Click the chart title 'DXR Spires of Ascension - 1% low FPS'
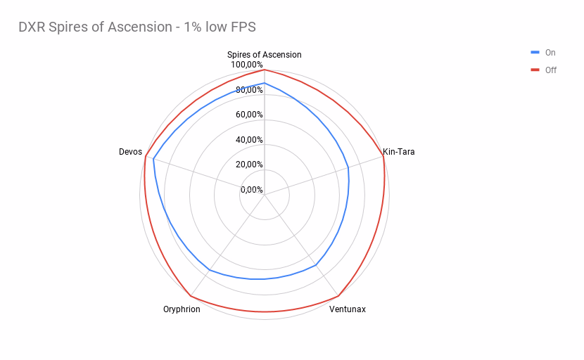pyautogui.click(x=137, y=27)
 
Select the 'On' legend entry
pyautogui.click(x=550, y=53)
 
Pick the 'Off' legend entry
pyautogui.click(x=550, y=70)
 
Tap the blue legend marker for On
pyautogui.click(x=535, y=53)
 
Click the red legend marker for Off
pyautogui.click(x=535, y=70)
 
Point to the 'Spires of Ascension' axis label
pyautogui.click(x=264, y=55)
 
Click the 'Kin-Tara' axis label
pyautogui.click(x=398, y=151)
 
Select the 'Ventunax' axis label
pyautogui.click(x=348, y=309)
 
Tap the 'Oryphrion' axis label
pyautogui.click(x=182, y=309)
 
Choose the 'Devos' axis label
pyautogui.click(x=130, y=151)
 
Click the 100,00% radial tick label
pyautogui.click(x=246, y=65)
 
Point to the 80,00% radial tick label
pyautogui.click(x=249, y=90)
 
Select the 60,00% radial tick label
pyautogui.click(x=249, y=115)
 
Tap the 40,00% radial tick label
pyautogui.click(x=249, y=139)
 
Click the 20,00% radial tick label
pyautogui.click(x=249, y=165)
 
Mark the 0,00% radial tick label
pyautogui.click(x=251, y=189)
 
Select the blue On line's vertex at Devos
pyautogui.click(x=153, y=159)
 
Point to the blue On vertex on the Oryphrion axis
pyautogui.click(x=209, y=270)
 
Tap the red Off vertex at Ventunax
pyautogui.click(x=338, y=296)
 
